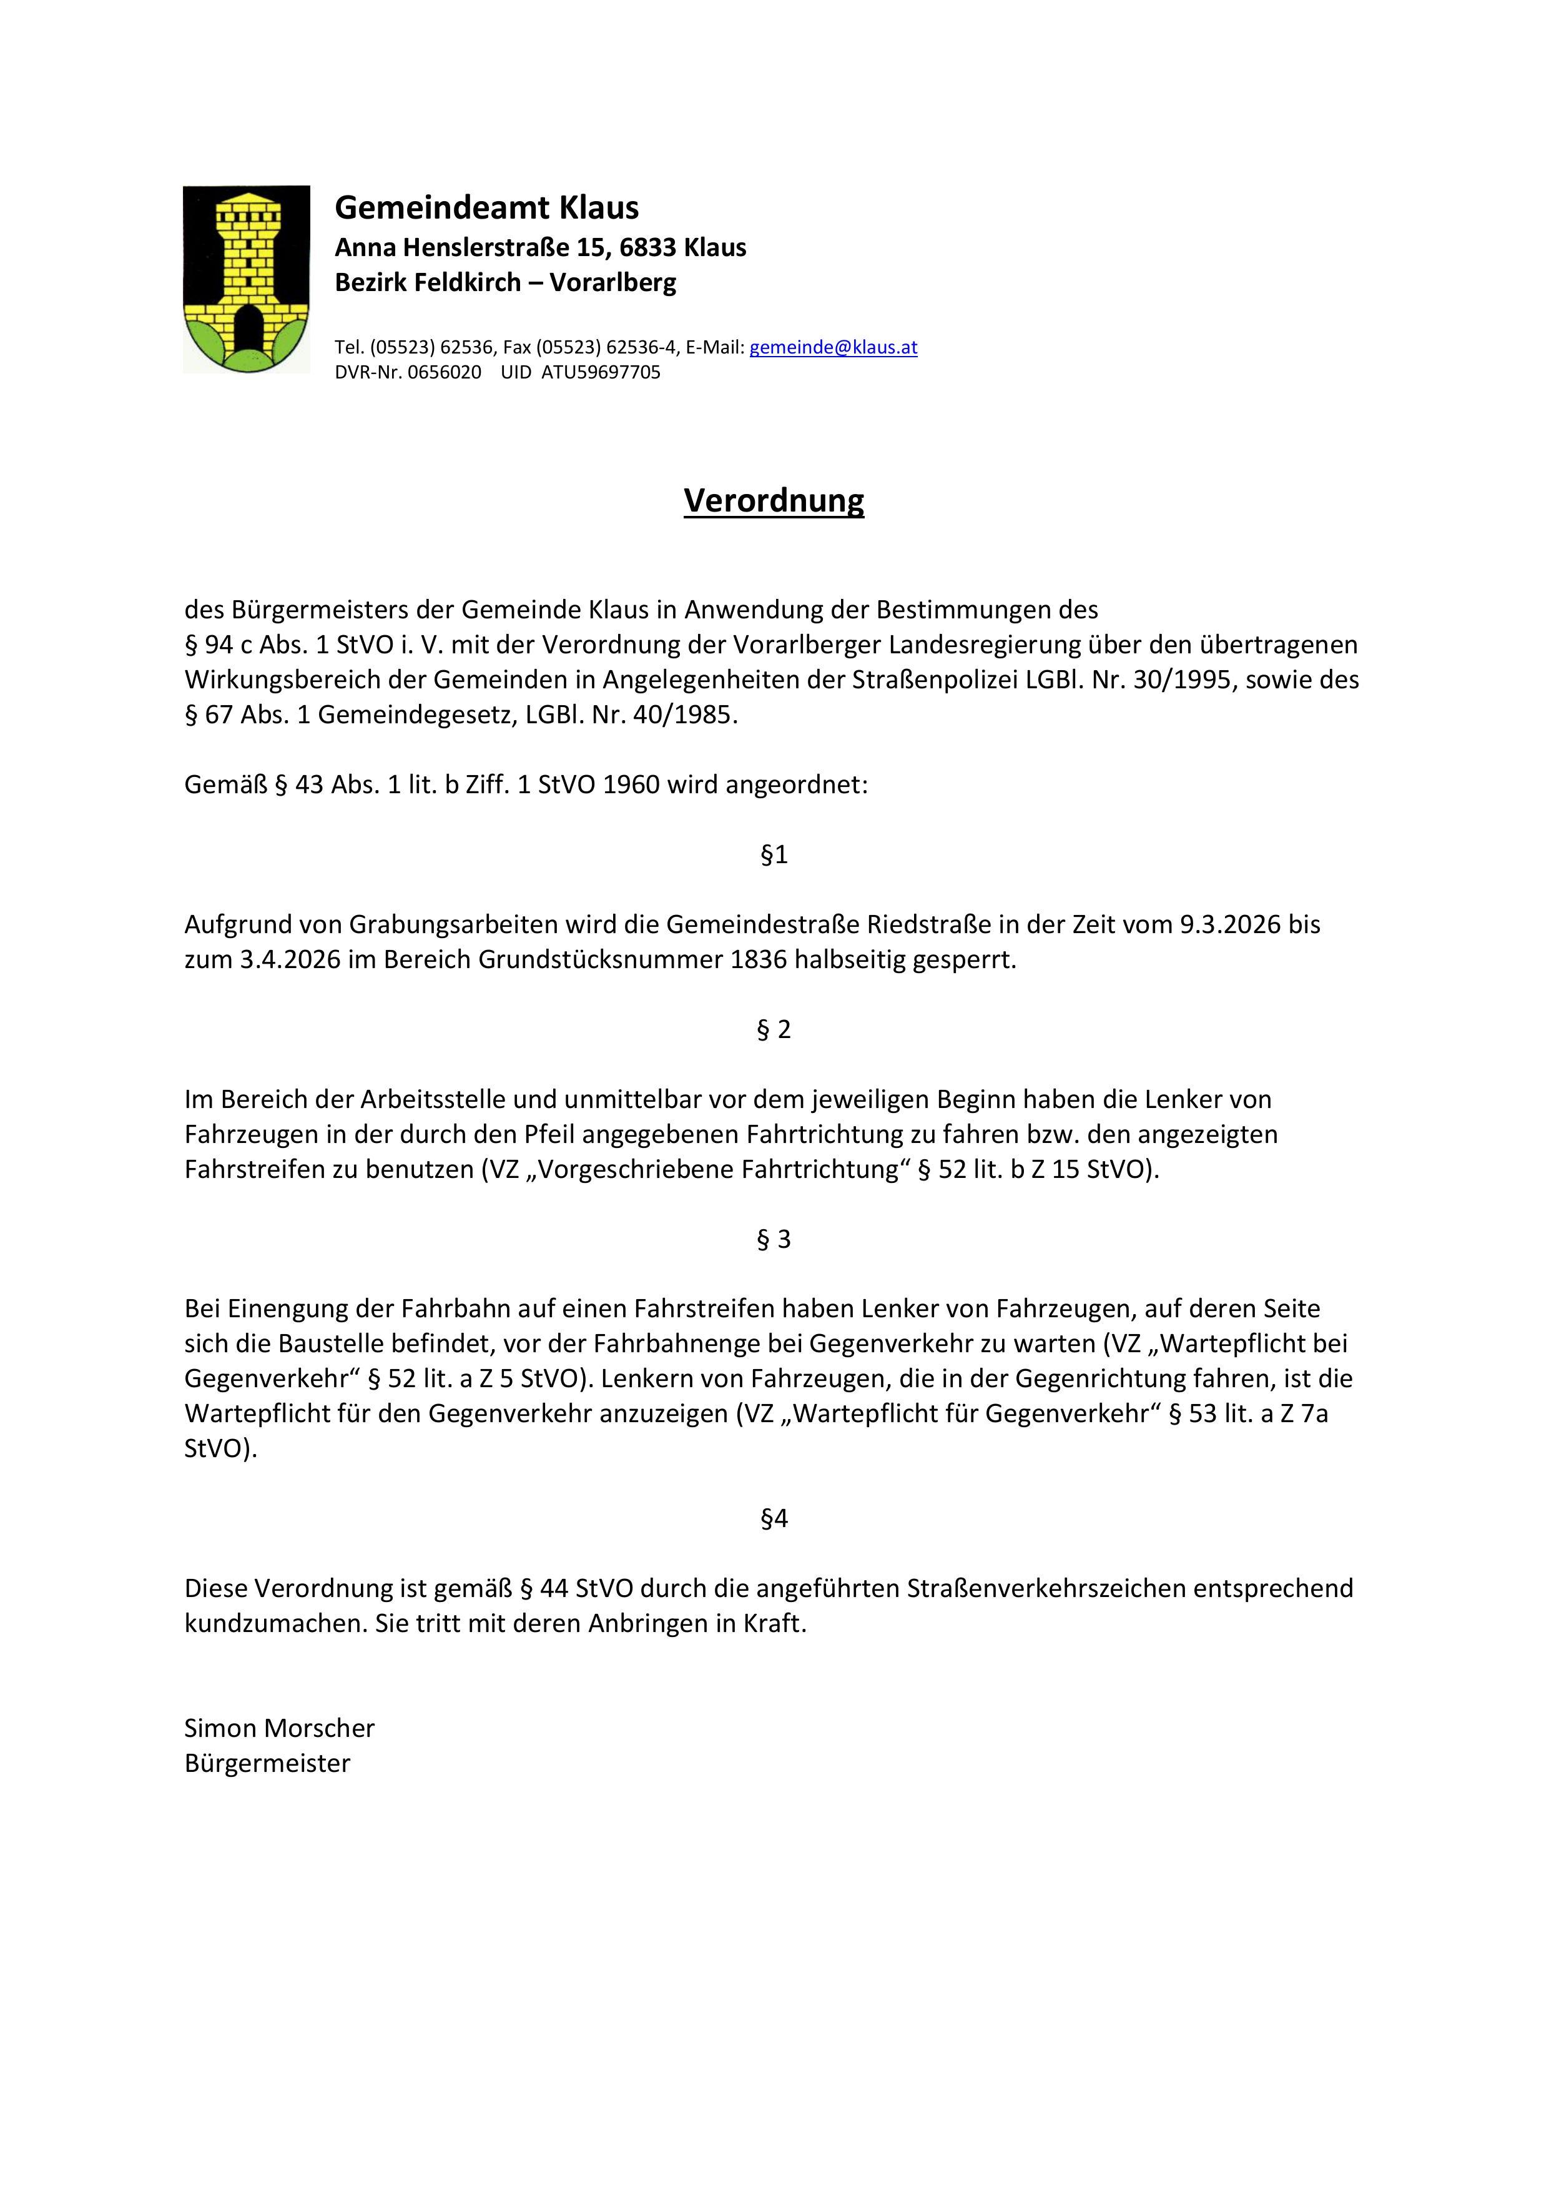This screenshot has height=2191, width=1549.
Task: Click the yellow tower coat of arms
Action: pos(246,279)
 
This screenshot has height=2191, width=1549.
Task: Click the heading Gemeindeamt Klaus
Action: pos(486,207)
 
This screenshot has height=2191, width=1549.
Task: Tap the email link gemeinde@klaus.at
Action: pos(833,347)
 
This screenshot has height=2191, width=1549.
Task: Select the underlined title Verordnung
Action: pos(774,500)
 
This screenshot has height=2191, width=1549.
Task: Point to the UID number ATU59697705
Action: pos(601,372)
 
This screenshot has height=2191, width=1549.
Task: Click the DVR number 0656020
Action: pos(445,372)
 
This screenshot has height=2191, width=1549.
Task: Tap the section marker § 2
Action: pos(774,1030)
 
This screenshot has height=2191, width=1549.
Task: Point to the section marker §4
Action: pos(774,1518)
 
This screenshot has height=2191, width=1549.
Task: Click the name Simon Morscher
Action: pos(280,1728)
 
